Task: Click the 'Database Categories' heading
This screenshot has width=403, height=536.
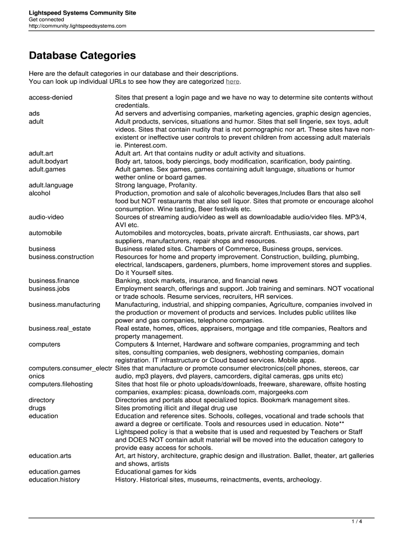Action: pos(82,55)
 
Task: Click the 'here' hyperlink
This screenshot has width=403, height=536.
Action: pos(233,82)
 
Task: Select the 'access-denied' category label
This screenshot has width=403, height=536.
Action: pos(51,97)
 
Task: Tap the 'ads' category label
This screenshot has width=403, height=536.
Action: pos(35,113)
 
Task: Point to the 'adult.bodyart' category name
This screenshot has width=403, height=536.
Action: pos(48,161)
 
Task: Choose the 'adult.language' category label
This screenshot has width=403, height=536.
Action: pos(51,185)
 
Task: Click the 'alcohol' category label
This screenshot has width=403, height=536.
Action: pos(40,193)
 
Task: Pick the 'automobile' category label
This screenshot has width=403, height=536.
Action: pos(45,232)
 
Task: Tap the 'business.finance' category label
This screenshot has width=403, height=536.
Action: pos(54,281)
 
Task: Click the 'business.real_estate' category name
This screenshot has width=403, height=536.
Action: pos(60,328)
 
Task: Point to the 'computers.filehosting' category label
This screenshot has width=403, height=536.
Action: pos(61,384)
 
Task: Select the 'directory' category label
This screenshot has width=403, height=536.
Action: pos(42,400)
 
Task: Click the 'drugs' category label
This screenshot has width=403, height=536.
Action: pos(37,408)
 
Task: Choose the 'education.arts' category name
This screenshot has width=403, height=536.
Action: pos(50,456)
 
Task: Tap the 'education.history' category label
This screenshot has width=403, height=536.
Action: pos(54,479)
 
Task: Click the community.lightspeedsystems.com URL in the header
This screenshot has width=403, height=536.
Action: pos(77,26)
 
